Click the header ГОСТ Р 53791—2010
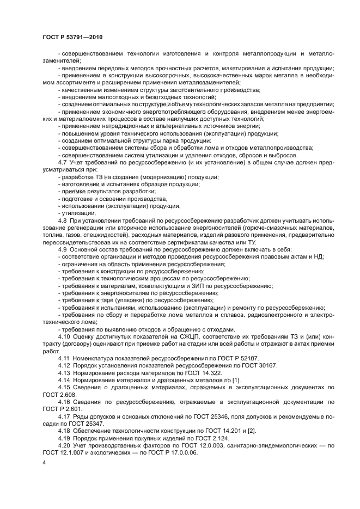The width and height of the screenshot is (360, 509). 72,36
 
